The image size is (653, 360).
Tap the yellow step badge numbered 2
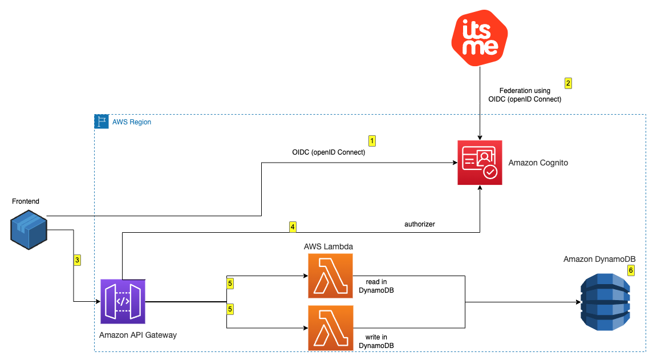click(x=567, y=83)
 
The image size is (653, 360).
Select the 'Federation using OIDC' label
click(x=525, y=95)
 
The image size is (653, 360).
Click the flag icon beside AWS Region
click(x=102, y=122)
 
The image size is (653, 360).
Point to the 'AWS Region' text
click(x=132, y=122)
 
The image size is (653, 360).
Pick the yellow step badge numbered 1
click(x=372, y=140)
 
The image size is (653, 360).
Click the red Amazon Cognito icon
click(x=480, y=163)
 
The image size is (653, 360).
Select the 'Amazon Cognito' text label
click(x=538, y=163)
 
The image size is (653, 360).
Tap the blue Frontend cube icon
click(x=28, y=229)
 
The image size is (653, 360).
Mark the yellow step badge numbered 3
click(x=77, y=260)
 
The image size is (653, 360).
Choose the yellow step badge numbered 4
click(x=293, y=227)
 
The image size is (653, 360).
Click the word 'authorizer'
click(x=419, y=224)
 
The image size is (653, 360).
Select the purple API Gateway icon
click(x=123, y=301)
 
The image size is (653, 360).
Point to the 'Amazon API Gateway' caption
click(x=137, y=335)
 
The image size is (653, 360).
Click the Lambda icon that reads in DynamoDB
click(x=330, y=276)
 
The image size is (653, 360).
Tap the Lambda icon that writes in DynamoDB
click(x=330, y=328)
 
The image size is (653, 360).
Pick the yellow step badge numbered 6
click(x=630, y=270)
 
